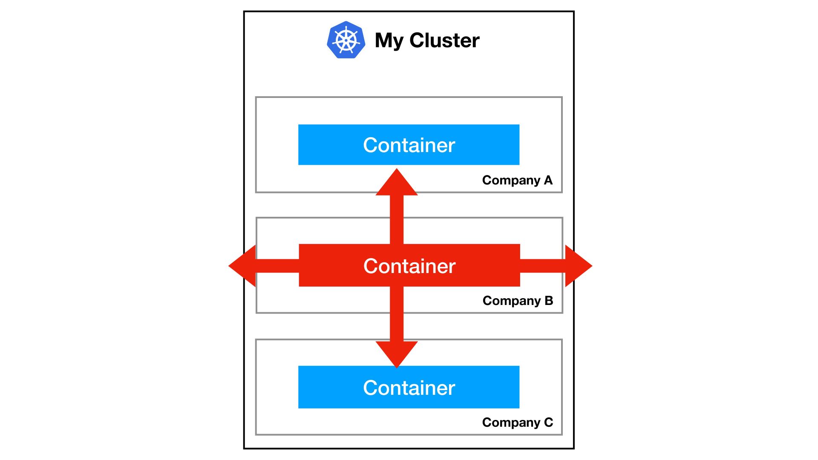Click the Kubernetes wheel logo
tap(346, 40)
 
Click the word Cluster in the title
tap(444, 40)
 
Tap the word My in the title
tap(389, 41)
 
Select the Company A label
tap(517, 180)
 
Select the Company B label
tap(518, 301)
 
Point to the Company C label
tap(517, 422)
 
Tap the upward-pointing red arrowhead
tap(397, 183)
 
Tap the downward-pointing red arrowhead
tap(397, 354)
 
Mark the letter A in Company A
tap(548, 180)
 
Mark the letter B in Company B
tap(549, 301)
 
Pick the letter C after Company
tap(548, 422)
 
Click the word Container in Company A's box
tap(409, 145)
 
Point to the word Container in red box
tap(409, 266)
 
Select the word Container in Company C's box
tap(409, 388)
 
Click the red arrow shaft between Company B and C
tap(397, 326)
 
